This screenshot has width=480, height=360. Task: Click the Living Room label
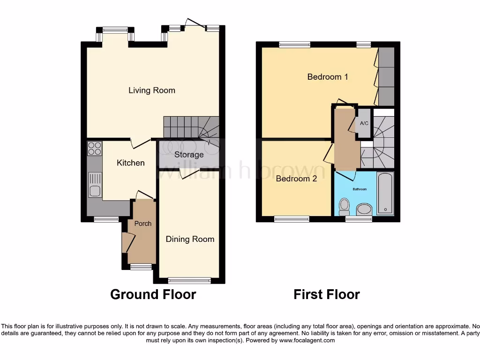pyautogui.click(x=152, y=90)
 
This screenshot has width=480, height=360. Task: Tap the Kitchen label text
pyautogui.click(x=131, y=163)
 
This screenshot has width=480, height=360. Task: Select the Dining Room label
pyautogui.click(x=190, y=239)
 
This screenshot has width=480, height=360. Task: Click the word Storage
pyautogui.click(x=189, y=155)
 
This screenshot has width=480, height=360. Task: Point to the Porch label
pyautogui.click(x=143, y=224)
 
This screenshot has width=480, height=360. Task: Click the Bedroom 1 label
pyautogui.click(x=328, y=76)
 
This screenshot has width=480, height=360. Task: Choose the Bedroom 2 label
pyautogui.click(x=296, y=179)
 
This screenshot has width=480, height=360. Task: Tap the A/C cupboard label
pyautogui.click(x=364, y=123)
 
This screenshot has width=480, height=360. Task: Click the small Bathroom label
pyautogui.click(x=360, y=189)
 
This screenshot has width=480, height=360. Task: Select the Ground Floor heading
pyautogui.click(x=153, y=294)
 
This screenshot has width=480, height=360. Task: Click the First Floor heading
pyautogui.click(x=327, y=294)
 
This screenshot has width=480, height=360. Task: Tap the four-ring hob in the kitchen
pyautogui.click(x=94, y=149)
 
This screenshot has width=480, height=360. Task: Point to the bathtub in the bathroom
pyautogui.click(x=385, y=193)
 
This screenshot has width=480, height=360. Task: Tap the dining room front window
pyautogui.click(x=189, y=281)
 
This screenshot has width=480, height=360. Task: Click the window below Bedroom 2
pyautogui.click(x=291, y=219)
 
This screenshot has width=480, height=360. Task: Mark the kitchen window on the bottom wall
pyautogui.click(x=106, y=219)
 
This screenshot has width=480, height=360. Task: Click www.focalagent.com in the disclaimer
pyautogui.click(x=307, y=341)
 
